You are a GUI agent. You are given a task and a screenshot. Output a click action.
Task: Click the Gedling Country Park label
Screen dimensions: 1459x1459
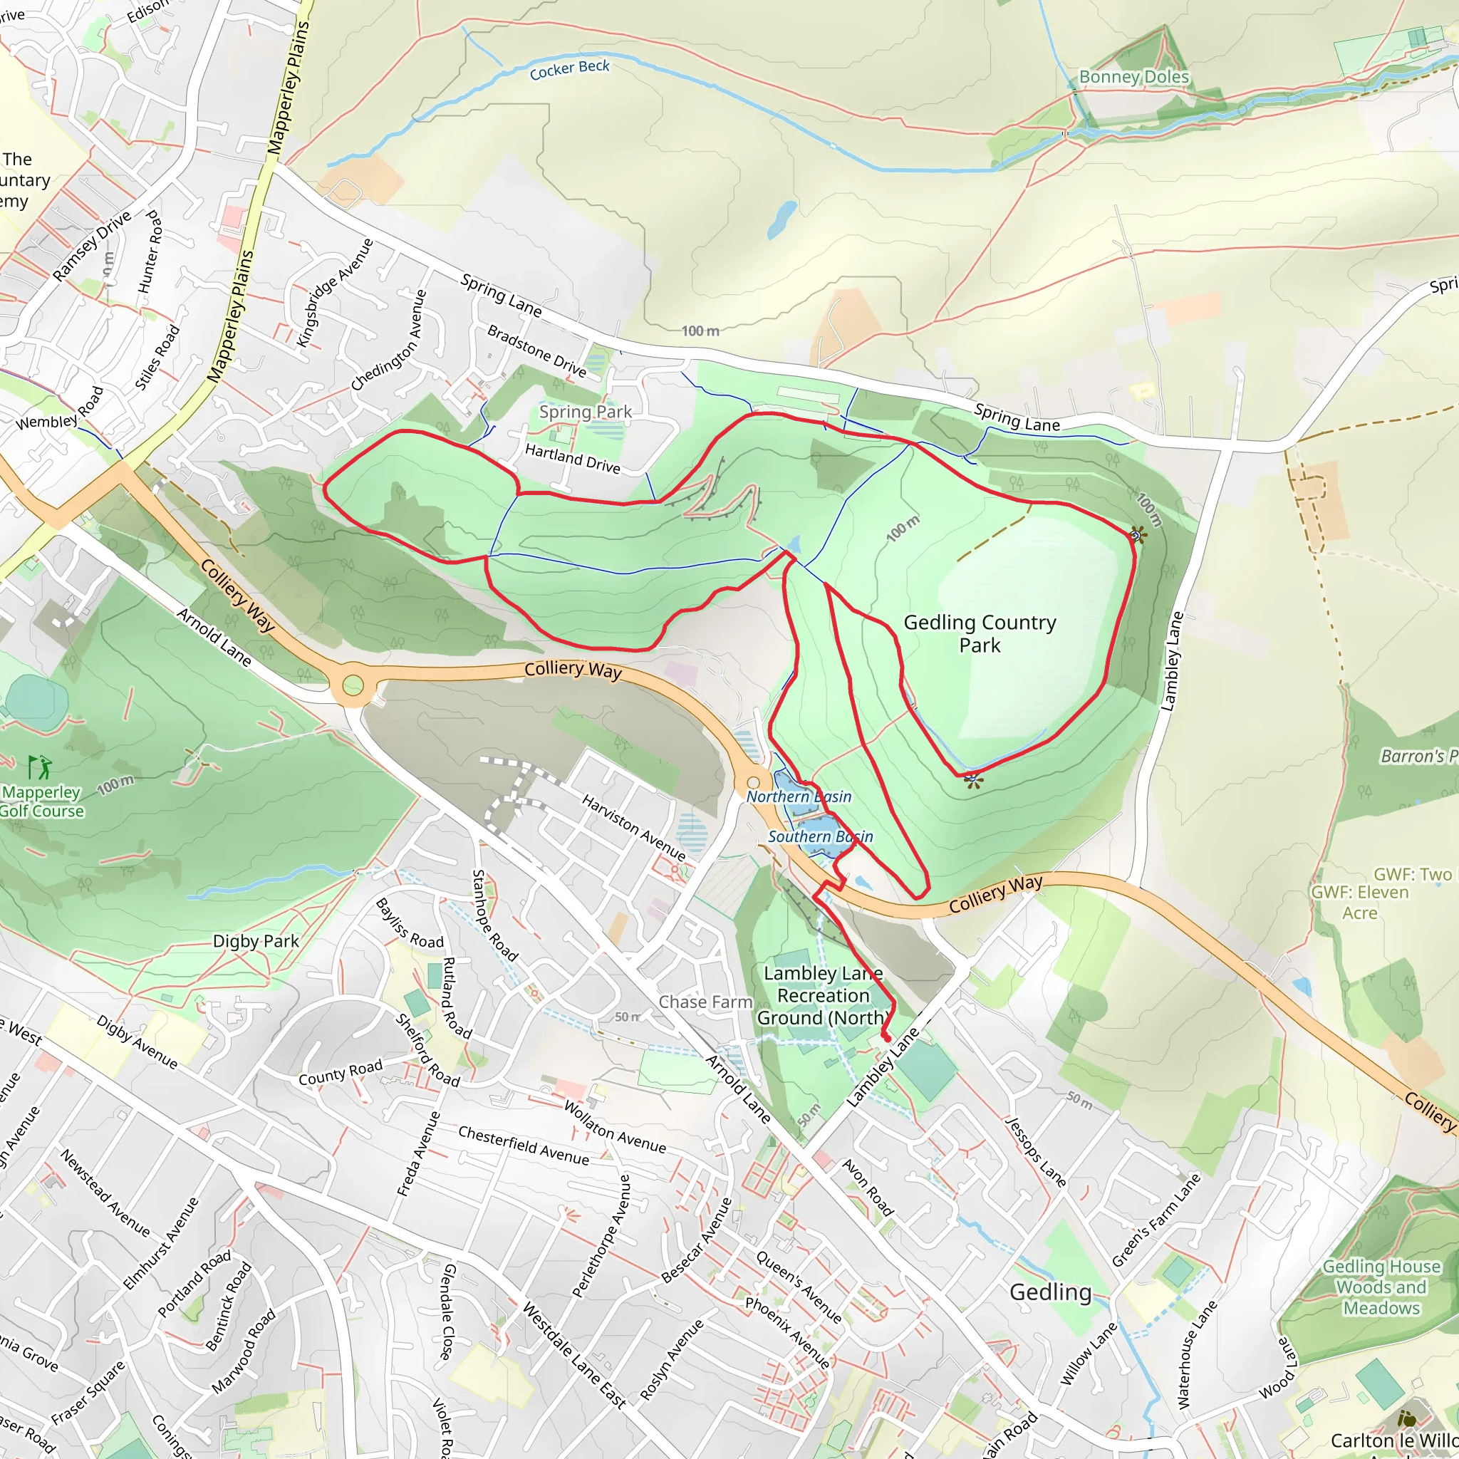point(980,633)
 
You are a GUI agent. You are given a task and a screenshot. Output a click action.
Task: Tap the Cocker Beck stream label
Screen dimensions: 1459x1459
point(569,70)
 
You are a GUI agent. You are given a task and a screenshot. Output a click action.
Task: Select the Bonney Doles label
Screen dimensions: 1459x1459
point(1133,77)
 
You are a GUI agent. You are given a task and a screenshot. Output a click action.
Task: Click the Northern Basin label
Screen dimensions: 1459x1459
point(799,796)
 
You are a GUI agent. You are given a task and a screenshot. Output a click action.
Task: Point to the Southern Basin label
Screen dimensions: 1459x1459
point(820,837)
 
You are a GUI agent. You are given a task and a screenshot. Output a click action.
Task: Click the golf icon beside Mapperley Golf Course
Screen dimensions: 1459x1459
point(39,767)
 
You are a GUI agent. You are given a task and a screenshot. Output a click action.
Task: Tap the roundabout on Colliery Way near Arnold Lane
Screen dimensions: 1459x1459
point(353,686)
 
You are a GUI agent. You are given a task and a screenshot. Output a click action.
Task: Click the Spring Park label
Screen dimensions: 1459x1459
point(586,412)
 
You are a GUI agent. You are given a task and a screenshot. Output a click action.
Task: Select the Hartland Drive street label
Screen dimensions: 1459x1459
point(573,458)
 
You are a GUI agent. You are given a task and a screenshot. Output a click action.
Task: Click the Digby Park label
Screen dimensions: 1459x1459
point(256,942)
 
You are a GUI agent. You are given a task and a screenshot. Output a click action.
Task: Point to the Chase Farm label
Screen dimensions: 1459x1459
point(705,1002)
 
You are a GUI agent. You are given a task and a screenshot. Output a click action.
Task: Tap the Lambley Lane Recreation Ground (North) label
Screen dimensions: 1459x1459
point(823,995)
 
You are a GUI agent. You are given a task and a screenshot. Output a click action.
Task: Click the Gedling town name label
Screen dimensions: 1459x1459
point(1051,1292)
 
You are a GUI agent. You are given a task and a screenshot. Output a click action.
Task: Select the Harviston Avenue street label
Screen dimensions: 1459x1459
point(633,828)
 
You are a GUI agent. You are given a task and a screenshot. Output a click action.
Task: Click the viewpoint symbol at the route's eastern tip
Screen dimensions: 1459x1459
point(1137,536)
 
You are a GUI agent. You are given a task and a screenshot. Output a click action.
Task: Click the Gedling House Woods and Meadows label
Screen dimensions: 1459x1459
point(1381,1287)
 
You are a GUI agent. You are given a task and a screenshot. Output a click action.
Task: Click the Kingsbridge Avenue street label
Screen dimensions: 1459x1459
point(336,293)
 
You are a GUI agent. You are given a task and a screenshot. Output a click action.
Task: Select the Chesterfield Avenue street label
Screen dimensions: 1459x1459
point(524,1146)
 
